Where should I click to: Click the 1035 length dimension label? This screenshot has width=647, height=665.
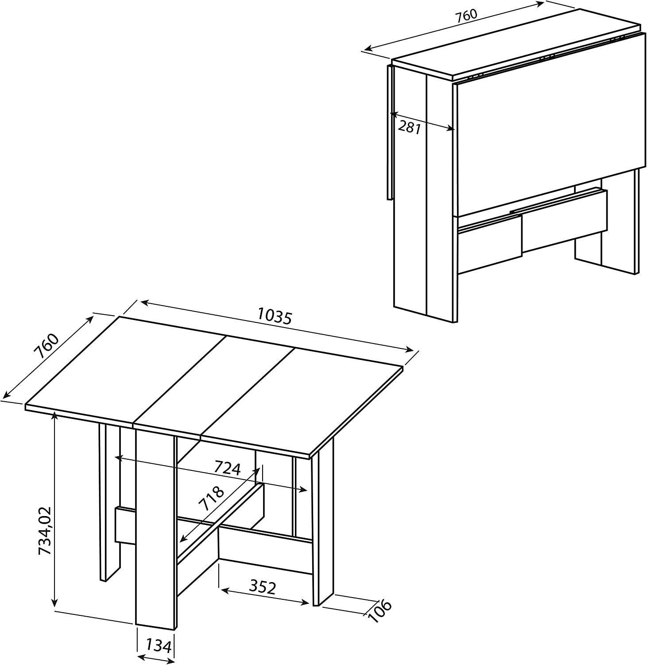(x=275, y=316)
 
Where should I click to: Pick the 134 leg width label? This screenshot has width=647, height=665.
(x=158, y=646)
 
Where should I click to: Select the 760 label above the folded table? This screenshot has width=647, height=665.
(x=466, y=15)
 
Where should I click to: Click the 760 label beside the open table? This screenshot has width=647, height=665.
(x=47, y=346)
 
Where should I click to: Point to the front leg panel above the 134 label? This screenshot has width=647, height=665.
(x=155, y=528)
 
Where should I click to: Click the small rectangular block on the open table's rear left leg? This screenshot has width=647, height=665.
(x=126, y=525)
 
